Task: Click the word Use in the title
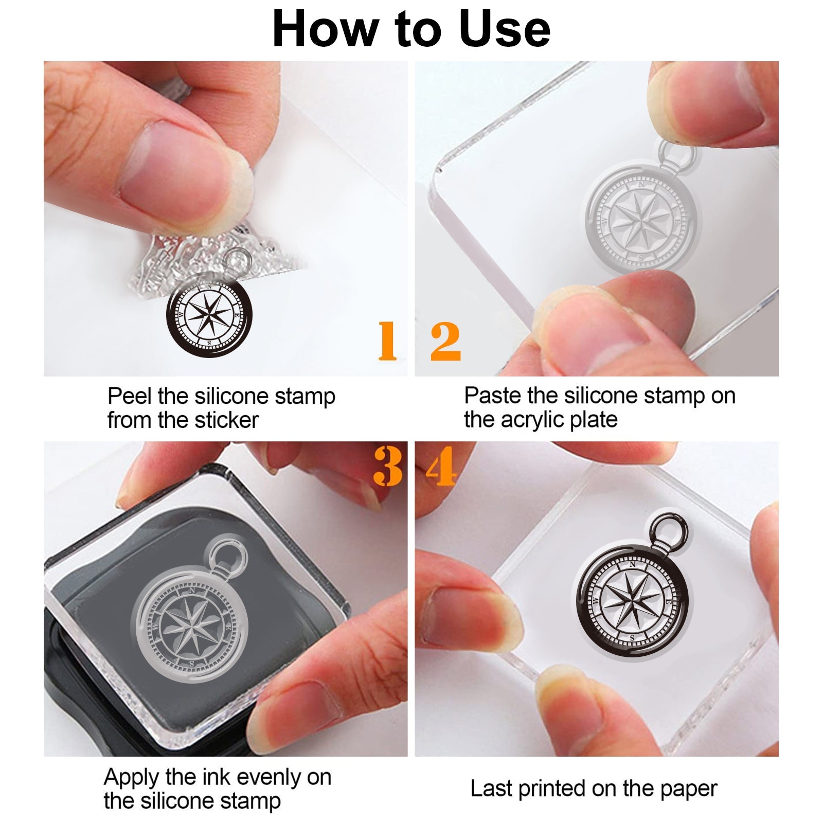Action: [505, 30]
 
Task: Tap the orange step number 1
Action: [387, 341]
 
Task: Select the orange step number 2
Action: [445, 341]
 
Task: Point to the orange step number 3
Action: [388, 466]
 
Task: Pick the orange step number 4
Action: [441, 466]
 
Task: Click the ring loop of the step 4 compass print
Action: [670, 531]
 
